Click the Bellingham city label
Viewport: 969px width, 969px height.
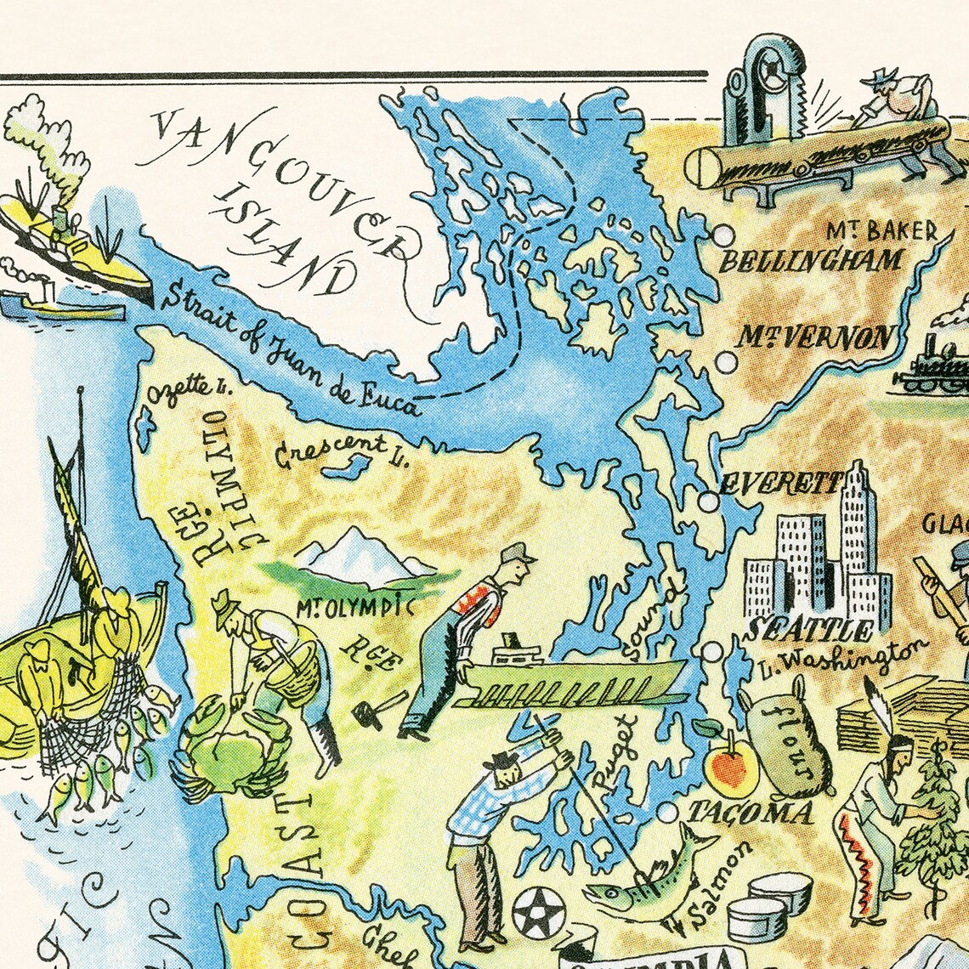(810, 260)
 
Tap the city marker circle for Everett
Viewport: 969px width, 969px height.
(708, 502)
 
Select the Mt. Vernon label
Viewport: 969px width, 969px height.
(814, 337)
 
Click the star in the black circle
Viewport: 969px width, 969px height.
(539, 912)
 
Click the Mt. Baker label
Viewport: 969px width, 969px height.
(882, 231)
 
